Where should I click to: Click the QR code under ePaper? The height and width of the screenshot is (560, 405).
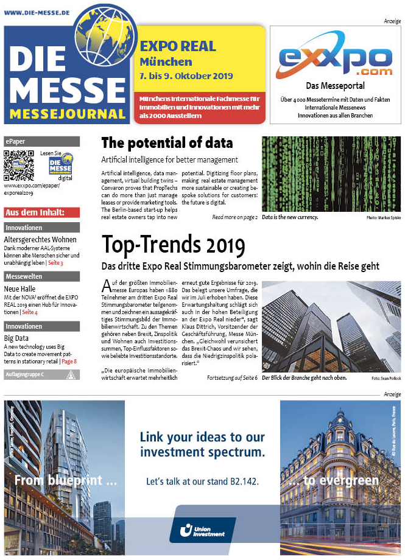[18, 164]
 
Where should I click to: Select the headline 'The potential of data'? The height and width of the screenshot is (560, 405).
[167, 143]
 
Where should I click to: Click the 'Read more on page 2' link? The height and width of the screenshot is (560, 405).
[234, 217]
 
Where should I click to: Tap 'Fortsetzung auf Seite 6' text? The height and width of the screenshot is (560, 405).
[232, 377]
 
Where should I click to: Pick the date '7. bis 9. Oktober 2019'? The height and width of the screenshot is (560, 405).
[186, 76]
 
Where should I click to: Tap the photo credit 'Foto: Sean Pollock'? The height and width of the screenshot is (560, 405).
[384, 378]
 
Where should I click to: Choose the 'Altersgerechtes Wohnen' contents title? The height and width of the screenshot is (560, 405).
[37, 240]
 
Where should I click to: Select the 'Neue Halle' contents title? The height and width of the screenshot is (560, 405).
[20, 289]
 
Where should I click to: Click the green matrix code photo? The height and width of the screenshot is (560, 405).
[331, 173]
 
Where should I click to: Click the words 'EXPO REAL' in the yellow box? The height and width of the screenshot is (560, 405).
[178, 46]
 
